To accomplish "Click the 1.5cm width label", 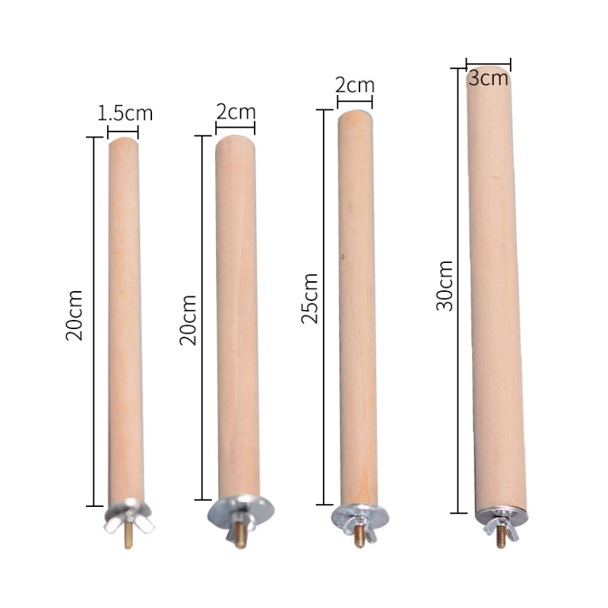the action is (x=125, y=112).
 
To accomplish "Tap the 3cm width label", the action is (x=488, y=78).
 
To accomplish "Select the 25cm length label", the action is (x=309, y=298).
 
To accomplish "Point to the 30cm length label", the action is (x=445, y=286).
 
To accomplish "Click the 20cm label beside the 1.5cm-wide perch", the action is (x=74, y=315).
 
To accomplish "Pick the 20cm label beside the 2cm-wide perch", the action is (x=188, y=320).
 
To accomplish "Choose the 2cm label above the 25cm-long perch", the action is (x=355, y=85).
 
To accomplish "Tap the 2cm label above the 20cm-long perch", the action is (x=236, y=112).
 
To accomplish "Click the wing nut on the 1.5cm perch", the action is (x=128, y=521).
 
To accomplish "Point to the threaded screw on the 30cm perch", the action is (x=501, y=536).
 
